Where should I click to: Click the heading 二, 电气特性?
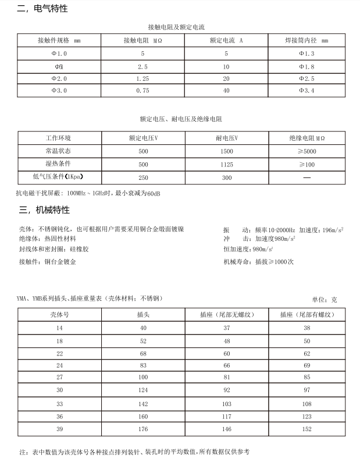click(x=42, y=9)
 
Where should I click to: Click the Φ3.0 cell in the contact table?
click(x=59, y=91)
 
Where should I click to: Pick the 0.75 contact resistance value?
click(x=143, y=91)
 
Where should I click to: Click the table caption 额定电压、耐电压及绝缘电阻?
click(x=181, y=119)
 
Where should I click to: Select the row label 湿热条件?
click(x=58, y=165)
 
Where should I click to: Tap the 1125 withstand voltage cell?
click(x=227, y=165)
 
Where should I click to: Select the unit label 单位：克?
click(x=324, y=300)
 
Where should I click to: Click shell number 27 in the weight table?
click(x=59, y=376)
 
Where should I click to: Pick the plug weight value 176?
click(x=143, y=430)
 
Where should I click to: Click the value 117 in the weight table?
click(x=227, y=416)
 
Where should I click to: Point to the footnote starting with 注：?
click(x=134, y=452)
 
